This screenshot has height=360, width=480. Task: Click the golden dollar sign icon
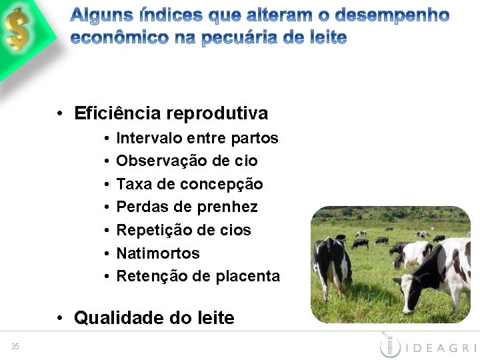[x=17, y=30]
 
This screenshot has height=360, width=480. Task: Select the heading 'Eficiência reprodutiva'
[x=171, y=113]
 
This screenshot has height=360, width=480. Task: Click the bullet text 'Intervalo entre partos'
[x=197, y=138]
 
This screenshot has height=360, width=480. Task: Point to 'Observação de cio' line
[x=187, y=161]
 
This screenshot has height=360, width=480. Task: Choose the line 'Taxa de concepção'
[x=189, y=184]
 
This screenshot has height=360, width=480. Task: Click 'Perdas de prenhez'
[x=187, y=207]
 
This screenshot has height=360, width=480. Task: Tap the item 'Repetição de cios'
[x=183, y=230]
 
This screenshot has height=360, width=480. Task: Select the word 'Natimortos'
[x=158, y=253]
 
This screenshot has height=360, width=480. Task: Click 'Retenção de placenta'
[x=198, y=276]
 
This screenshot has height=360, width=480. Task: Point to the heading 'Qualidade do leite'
[x=154, y=318]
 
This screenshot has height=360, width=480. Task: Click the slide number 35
[x=15, y=345]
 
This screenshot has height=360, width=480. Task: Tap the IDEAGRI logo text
[x=440, y=347]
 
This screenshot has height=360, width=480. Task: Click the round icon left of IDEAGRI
[x=389, y=346]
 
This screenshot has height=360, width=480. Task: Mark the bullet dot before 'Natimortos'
[x=107, y=253]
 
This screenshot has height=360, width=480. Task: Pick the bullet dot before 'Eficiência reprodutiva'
[x=60, y=113]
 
